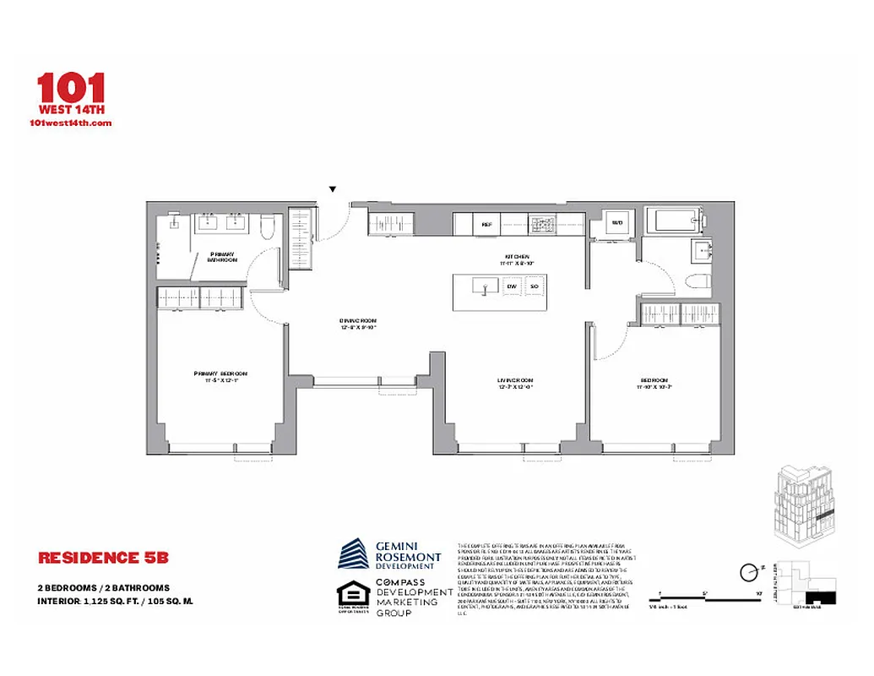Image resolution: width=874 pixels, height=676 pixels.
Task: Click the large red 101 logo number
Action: tap(71, 88)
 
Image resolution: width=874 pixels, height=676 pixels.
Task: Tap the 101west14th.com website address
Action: tap(70, 123)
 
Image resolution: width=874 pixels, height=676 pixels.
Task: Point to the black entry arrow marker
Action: tap(333, 189)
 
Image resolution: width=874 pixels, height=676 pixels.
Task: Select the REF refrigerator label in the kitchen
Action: tap(486, 225)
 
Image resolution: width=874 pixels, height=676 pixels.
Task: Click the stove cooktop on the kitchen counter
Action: tap(541, 225)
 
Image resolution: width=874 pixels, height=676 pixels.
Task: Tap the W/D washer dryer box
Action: tap(617, 223)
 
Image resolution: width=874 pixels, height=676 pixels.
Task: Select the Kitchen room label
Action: tap(518, 259)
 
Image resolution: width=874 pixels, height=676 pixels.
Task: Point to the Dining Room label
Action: tap(357, 324)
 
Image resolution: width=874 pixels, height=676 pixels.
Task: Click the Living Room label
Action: tap(514, 384)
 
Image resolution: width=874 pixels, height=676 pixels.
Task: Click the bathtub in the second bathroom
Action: tap(677, 223)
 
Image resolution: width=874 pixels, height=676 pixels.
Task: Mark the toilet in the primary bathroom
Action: tap(267, 226)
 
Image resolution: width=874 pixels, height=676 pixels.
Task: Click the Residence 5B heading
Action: tap(104, 558)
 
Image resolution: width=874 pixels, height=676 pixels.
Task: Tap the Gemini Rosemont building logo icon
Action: tap(354, 553)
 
